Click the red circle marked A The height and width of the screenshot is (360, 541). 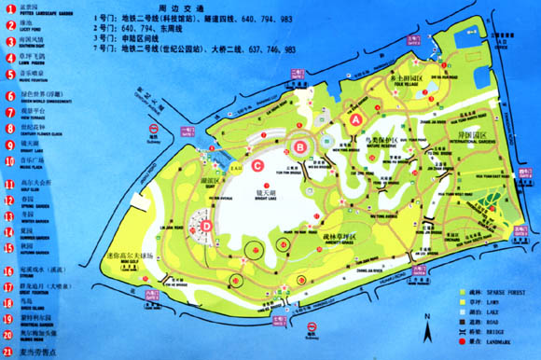click(x=354, y=119)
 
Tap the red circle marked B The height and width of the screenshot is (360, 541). click(x=300, y=146)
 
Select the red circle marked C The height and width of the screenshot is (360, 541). click(x=257, y=166)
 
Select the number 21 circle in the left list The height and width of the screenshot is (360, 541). click(x=8, y=352)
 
